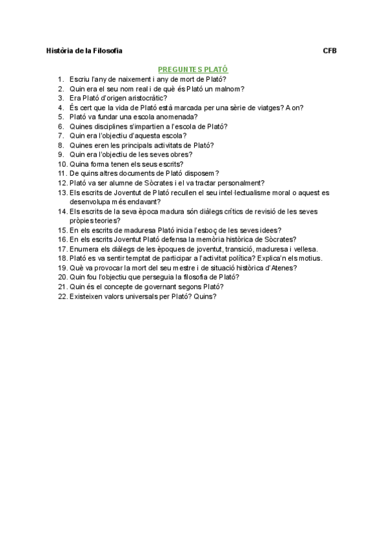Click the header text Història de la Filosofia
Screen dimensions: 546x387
click(84, 50)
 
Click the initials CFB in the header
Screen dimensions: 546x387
click(330, 50)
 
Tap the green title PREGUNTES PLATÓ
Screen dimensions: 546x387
click(193, 68)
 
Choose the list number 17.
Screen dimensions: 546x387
click(62, 249)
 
